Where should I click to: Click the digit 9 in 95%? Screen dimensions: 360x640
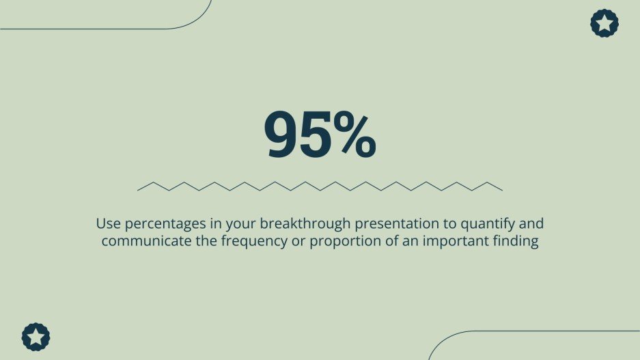coord(284,135)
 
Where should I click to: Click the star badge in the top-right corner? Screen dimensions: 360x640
coord(604,23)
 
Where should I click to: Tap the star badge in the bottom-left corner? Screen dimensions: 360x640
coord(36,337)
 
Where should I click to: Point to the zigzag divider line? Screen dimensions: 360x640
coord(320,186)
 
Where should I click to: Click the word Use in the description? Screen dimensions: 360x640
coord(107,223)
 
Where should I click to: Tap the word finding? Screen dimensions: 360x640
coord(517,242)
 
